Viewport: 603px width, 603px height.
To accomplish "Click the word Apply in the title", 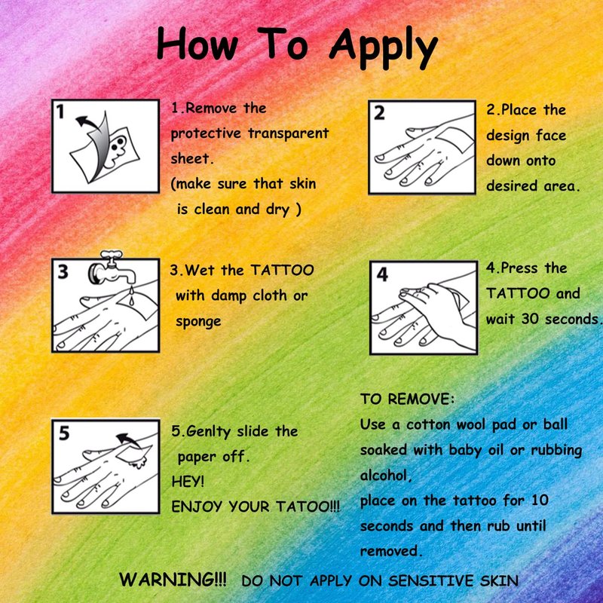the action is point(384,47).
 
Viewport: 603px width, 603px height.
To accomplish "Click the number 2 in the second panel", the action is point(379,113).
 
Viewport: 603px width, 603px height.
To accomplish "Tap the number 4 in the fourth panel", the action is point(382,274).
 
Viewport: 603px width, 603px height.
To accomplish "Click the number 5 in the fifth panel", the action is point(64,433).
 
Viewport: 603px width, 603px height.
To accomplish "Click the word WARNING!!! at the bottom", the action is point(173,579).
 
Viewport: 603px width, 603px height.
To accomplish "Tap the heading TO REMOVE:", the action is point(407,399).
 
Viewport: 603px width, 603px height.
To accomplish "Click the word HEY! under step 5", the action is point(188,482).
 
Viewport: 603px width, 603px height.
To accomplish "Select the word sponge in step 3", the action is point(198,322).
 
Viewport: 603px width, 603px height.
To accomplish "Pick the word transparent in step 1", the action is point(288,133).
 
